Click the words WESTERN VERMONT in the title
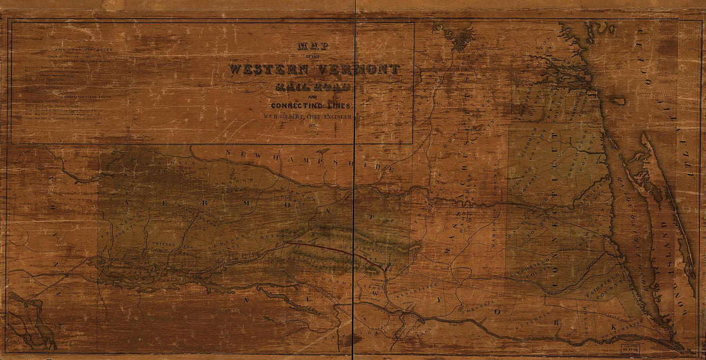coord(315,69)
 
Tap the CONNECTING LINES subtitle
coord(313,105)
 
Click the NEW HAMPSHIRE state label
coord(308,160)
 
